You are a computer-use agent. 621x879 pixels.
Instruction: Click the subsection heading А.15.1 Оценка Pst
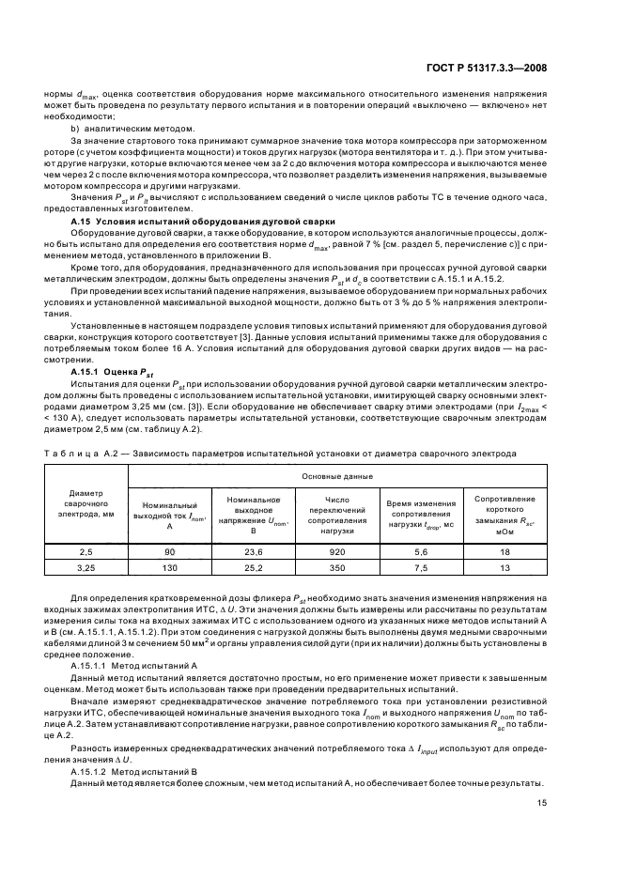(105, 371)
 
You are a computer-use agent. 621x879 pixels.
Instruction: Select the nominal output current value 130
(170, 568)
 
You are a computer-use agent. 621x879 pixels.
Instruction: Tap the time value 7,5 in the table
(421, 568)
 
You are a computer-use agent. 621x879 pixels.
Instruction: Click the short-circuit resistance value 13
(505, 568)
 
